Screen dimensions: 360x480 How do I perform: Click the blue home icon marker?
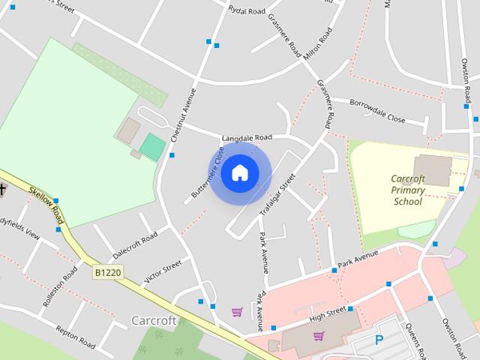[239, 172]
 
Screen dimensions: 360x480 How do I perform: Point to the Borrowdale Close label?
[377, 109]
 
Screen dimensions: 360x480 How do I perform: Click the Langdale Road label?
[247, 138]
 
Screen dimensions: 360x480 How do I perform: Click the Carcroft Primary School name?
[408, 190]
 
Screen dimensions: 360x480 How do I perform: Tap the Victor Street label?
[163, 271]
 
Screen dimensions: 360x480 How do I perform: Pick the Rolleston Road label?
[60, 286]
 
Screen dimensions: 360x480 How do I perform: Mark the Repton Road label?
[75, 336]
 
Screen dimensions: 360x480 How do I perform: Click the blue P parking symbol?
[379, 340]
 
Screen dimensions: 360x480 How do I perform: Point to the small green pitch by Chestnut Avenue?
[152, 146]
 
